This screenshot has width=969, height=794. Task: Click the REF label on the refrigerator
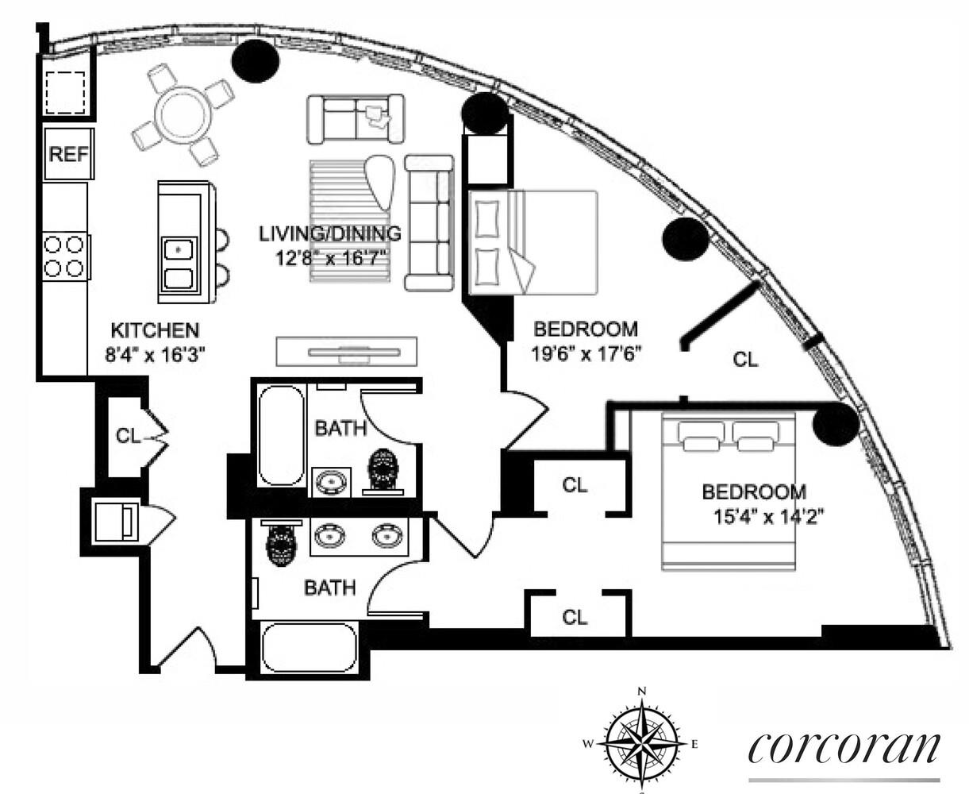(68, 154)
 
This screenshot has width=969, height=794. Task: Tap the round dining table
(183, 115)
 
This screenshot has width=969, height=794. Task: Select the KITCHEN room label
(156, 330)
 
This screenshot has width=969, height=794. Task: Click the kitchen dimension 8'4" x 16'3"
(155, 355)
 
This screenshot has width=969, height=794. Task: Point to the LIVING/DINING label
(330, 234)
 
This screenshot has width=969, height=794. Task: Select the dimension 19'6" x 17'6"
(586, 354)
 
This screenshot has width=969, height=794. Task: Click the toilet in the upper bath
(383, 471)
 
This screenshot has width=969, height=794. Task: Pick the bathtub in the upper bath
(281, 435)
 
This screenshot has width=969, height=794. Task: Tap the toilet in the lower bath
(281, 543)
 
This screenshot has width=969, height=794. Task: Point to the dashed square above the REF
(65, 93)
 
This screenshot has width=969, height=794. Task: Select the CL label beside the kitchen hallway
(129, 436)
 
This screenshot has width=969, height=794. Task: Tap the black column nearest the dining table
(256, 60)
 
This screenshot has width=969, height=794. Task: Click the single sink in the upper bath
(330, 484)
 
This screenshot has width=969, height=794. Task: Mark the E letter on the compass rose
(694, 744)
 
